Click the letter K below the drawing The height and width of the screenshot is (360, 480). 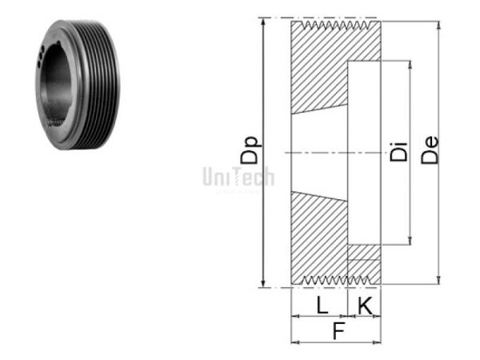point(364,305)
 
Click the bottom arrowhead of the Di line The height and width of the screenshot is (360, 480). point(411,241)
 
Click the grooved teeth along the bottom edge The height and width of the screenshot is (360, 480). point(335,280)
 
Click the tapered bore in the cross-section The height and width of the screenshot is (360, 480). point(318,152)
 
